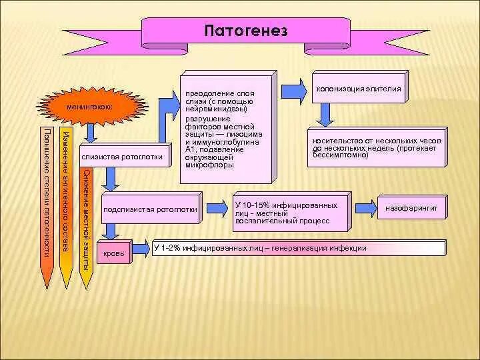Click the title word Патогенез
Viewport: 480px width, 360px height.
(x=245, y=31)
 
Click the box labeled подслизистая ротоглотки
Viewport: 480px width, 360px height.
(x=151, y=209)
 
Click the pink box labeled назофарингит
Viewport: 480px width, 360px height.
(x=411, y=209)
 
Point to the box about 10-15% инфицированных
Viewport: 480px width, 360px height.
(x=291, y=212)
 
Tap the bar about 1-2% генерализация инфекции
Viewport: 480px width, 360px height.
(x=299, y=248)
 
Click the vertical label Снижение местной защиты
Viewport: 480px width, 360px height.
(x=85, y=220)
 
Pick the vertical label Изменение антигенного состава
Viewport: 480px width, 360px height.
(x=65, y=193)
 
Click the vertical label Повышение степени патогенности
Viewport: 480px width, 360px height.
(x=46, y=193)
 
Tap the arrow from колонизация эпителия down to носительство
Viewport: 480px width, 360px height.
(x=324, y=116)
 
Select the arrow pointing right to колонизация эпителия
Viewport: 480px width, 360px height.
(x=293, y=90)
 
